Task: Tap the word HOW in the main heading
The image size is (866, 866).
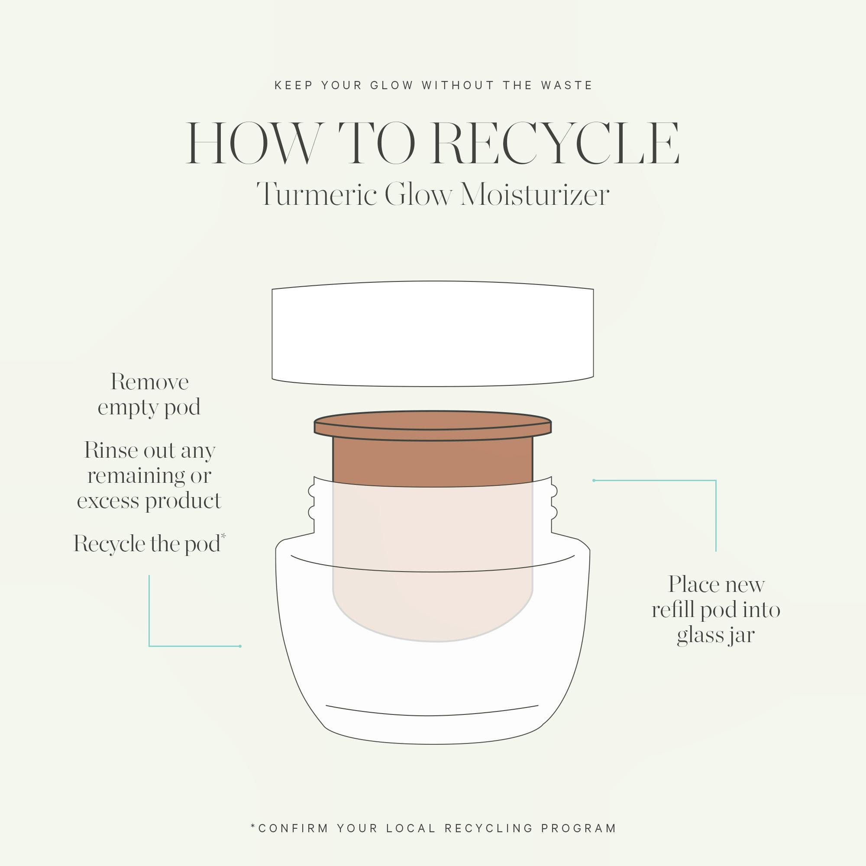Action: pos(255,143)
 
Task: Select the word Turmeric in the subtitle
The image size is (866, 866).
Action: pos(317,194)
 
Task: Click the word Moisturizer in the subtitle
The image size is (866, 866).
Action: pos(535,194)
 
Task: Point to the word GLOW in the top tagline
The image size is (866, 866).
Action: pos(391,85)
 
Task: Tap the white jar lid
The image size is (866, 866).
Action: pos(433,333)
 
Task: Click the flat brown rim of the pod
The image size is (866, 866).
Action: pos(433,425)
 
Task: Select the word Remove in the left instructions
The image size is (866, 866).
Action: pos(150,382)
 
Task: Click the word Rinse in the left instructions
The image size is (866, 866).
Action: pos(111,450)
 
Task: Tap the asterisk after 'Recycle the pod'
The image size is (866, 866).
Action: pos(223,536)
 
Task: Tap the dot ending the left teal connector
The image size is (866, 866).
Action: pos(240,646)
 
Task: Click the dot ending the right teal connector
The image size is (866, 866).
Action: pos(594,481)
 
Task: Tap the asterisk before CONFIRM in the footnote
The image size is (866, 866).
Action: pos(254,825)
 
